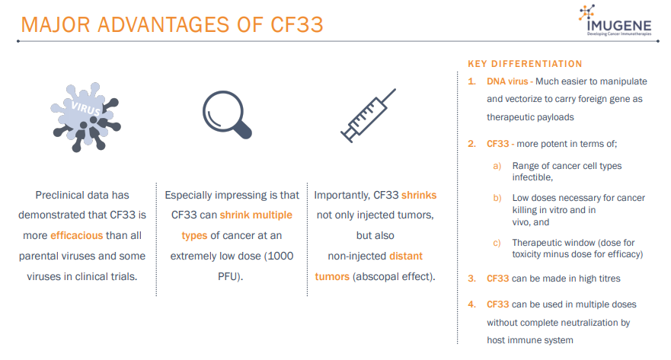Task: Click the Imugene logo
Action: click(x=615, y=20)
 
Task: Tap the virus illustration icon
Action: click(x=85, y=116)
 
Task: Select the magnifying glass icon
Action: click(x=227, y=115)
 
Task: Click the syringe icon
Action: click(x=368, y=116)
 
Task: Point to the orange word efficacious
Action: click(x=77, y=236)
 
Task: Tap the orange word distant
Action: click(x=406, y=256)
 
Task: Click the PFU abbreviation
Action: click(x=228, y=276)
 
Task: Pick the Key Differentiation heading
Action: click(x=525, y=64)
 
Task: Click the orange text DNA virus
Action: click(x=507, y=81)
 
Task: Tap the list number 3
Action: click(x=471, y=279)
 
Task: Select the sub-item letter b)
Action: click(x=497, y=198)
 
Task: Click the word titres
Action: click(x=609, y=279)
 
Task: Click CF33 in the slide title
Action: click(x=296, y=25)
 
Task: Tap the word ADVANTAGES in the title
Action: click(x=164, y=25)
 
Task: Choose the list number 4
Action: click(x=471, y=305)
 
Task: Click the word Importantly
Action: click(x=342, y=196)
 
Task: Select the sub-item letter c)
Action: click(x=497, y=243)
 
